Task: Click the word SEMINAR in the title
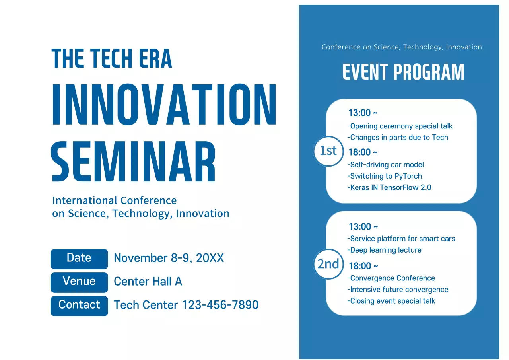click(x=134, y=162)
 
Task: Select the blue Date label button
click(x=79, y=259)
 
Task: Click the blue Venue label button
click(x=79, y=282)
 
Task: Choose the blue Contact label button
click(x=79, y=306)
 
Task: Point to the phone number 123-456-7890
click(x=220, y=305)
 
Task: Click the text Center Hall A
click(x=148, y=282)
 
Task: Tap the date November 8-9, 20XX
click(x=169, y=258)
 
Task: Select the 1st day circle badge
click(x=328, y=151)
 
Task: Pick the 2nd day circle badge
click(x=328, y=264)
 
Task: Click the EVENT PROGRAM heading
click(x=403, y=72)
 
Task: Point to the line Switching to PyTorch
click(x=385, y=176)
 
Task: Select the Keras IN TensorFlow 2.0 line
click(x=389, y=187)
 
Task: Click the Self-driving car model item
click(x=386, y=165)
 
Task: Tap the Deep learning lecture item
click(x=385, y=250)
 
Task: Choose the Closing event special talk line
click(x=391, y=301)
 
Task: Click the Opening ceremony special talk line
click(x=400, y=126)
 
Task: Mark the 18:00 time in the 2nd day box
click(x=363, y=266)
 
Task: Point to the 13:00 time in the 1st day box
click(x=362, y=113)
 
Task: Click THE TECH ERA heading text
click(x=112, y=59)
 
